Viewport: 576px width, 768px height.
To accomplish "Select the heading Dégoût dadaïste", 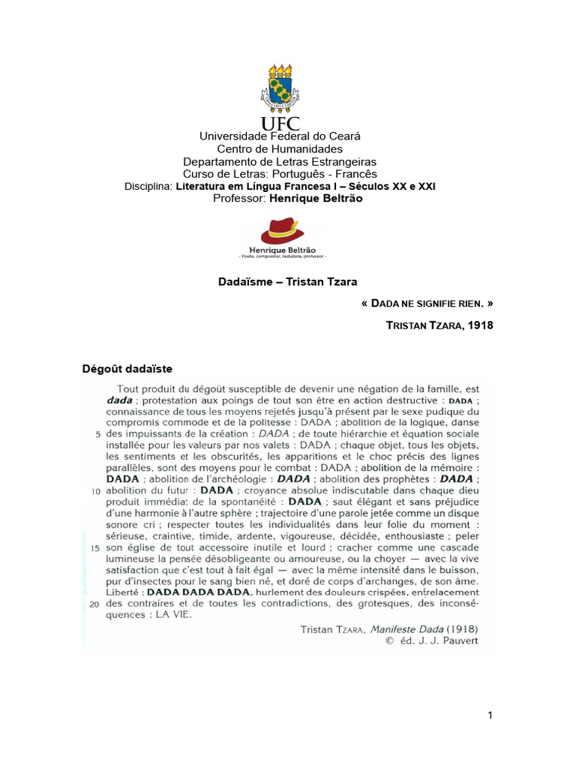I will point(127,368).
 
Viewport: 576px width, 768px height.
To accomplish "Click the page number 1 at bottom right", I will point(490,715).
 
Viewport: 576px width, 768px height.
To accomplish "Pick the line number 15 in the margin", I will point(95,548).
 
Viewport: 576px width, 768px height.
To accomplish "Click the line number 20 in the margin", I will point(95,604).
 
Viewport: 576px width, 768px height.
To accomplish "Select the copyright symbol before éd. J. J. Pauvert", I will point(388,641).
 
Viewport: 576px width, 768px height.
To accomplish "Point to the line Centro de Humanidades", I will point(280,149).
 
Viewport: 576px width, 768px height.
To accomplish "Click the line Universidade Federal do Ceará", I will point(280,136).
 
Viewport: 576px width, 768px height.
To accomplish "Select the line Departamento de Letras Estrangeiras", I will point(280,162).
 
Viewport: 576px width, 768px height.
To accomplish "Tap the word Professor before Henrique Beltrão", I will point(240,198).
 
